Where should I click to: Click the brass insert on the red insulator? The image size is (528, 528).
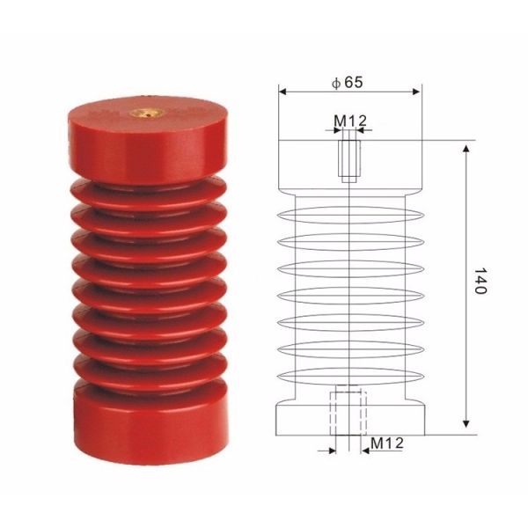point(147,114)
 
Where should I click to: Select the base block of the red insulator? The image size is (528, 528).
point(150,425)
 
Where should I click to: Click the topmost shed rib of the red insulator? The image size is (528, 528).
point(148,195)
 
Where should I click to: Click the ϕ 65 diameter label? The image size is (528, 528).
point(348,83)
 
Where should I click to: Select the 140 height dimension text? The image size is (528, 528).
point(480,282)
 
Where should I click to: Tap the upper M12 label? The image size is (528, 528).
point(350,121)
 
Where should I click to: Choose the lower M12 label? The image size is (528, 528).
point(387,444)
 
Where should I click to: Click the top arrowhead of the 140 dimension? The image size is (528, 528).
point(466,149)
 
